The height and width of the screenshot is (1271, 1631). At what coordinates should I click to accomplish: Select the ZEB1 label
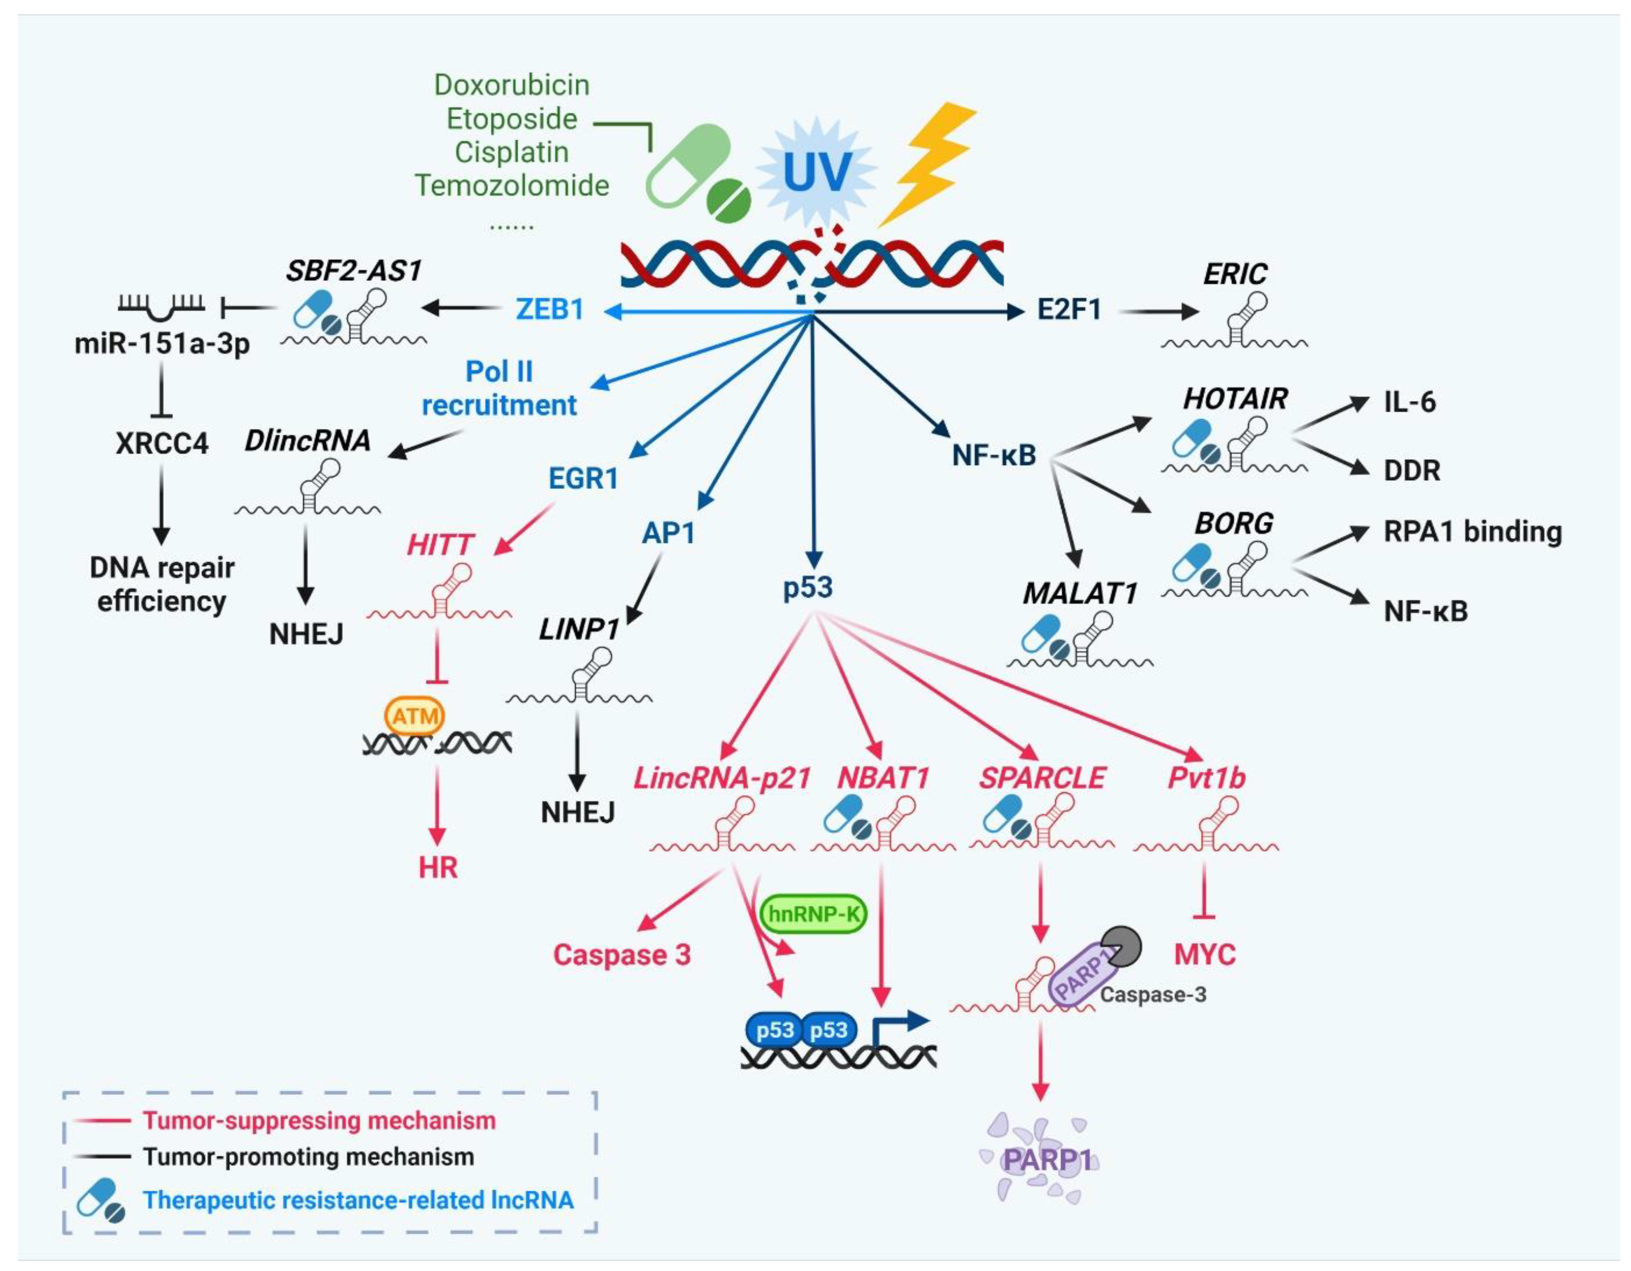click(549, 309)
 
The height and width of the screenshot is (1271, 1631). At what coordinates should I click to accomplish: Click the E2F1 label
click(1069, 309)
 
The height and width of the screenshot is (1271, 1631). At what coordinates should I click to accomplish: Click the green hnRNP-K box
click(813, 913)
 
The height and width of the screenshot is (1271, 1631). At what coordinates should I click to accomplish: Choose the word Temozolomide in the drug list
click(512, 185)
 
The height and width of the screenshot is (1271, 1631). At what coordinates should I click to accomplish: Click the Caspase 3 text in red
click(621, 954)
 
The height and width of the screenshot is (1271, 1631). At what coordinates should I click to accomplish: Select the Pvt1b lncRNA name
click(1206, 778)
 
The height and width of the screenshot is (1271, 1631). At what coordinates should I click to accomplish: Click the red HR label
click(438, 867)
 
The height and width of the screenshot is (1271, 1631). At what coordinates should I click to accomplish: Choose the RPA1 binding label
click(1472, 532)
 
